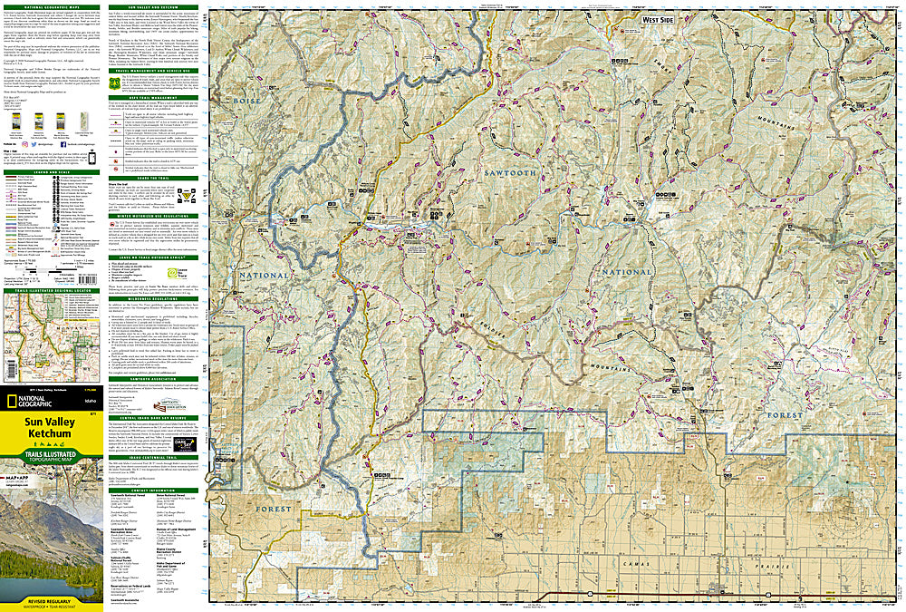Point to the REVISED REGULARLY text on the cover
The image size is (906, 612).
tap(51, 602)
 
